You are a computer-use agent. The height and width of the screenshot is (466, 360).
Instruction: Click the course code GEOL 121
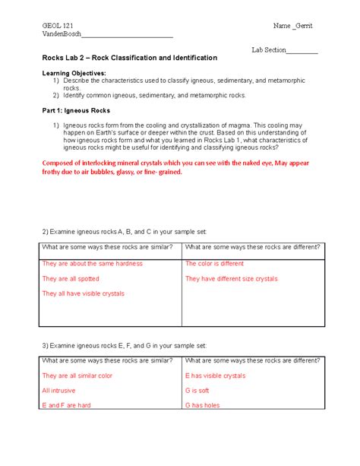pyautogui.click(x=58, y=26)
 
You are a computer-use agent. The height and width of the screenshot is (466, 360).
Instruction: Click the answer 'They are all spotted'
pyautogui.click(x=74, y=279)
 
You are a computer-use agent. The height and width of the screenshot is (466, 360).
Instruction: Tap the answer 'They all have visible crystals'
pyautogui.click(x=83, y=293)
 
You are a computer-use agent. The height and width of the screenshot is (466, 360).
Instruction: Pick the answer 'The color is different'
pyautogui.click(x=215, y=264)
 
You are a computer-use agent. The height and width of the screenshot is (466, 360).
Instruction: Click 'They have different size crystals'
pyautogui.click(x=232, y=279)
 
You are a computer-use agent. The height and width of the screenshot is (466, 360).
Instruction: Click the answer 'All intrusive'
pyautogui.click(x=59, y=391)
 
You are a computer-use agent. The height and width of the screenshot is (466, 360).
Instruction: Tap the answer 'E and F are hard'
pyautogui.click(x=66, y=406)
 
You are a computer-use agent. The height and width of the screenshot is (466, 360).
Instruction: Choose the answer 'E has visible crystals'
pyautogui.click(x=215, y=376)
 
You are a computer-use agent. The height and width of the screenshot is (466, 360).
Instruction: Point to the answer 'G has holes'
pyautogui.click(x=203, y=406)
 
